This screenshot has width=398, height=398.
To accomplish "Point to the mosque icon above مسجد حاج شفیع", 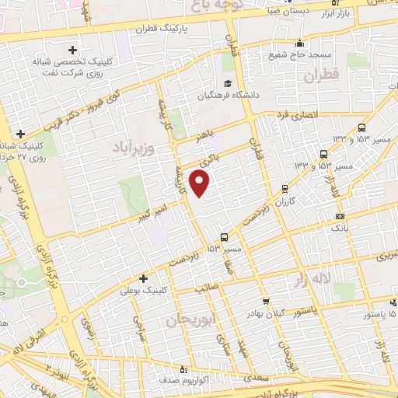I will (299, 43).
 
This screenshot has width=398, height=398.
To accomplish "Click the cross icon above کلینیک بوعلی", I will (143, 278).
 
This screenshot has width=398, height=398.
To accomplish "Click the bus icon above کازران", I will (285, 187).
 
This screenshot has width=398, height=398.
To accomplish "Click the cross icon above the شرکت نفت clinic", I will (73, 47).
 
